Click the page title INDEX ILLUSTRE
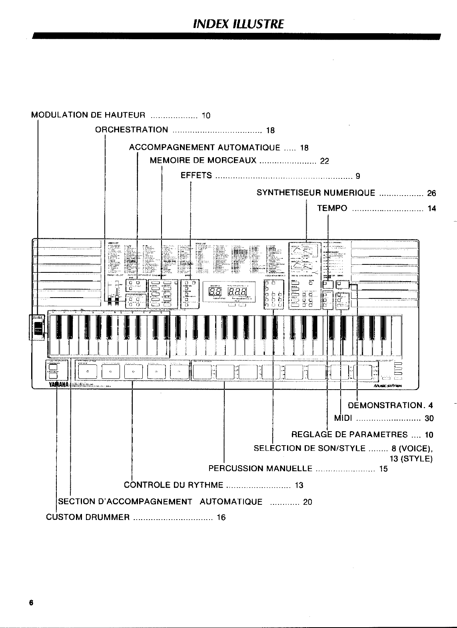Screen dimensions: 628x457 point(238,24)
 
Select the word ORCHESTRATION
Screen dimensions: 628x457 point(132,130)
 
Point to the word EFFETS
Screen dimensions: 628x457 point(196,175)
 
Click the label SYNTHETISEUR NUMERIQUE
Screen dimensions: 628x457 point(316,193)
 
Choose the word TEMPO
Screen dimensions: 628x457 point(332,208)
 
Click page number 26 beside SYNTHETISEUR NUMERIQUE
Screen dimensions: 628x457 point(431,194)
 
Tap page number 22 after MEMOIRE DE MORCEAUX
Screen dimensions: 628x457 point(324,161)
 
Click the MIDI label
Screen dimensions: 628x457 point(343,418)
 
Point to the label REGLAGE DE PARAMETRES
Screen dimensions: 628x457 point(349,434)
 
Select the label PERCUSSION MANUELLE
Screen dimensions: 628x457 point(260,468)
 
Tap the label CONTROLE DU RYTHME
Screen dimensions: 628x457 point(173,485)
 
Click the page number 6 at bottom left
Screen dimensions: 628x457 point(30,602)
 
